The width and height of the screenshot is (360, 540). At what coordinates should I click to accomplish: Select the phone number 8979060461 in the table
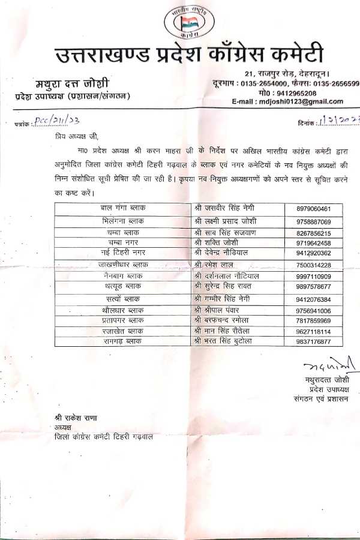point(322,208)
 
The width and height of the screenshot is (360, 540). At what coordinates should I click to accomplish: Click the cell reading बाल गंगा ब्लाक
point(123,208)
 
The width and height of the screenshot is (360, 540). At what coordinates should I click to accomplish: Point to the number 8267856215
point(322,233)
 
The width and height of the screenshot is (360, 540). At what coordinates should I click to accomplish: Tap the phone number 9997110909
point(322,275)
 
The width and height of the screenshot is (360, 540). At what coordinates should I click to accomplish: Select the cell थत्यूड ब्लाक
point(123,286)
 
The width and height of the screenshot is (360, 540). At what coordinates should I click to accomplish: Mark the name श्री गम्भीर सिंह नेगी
point(224,298)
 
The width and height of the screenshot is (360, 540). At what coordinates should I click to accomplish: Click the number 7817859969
point(322,320)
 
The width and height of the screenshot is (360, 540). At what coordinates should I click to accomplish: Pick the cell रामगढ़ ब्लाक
point(123,341)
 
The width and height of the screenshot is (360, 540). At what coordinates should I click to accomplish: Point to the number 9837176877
point(322,341)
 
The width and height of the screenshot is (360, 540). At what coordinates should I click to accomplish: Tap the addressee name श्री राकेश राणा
point(74,418)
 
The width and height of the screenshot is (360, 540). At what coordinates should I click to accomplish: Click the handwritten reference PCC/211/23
point(60,122)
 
